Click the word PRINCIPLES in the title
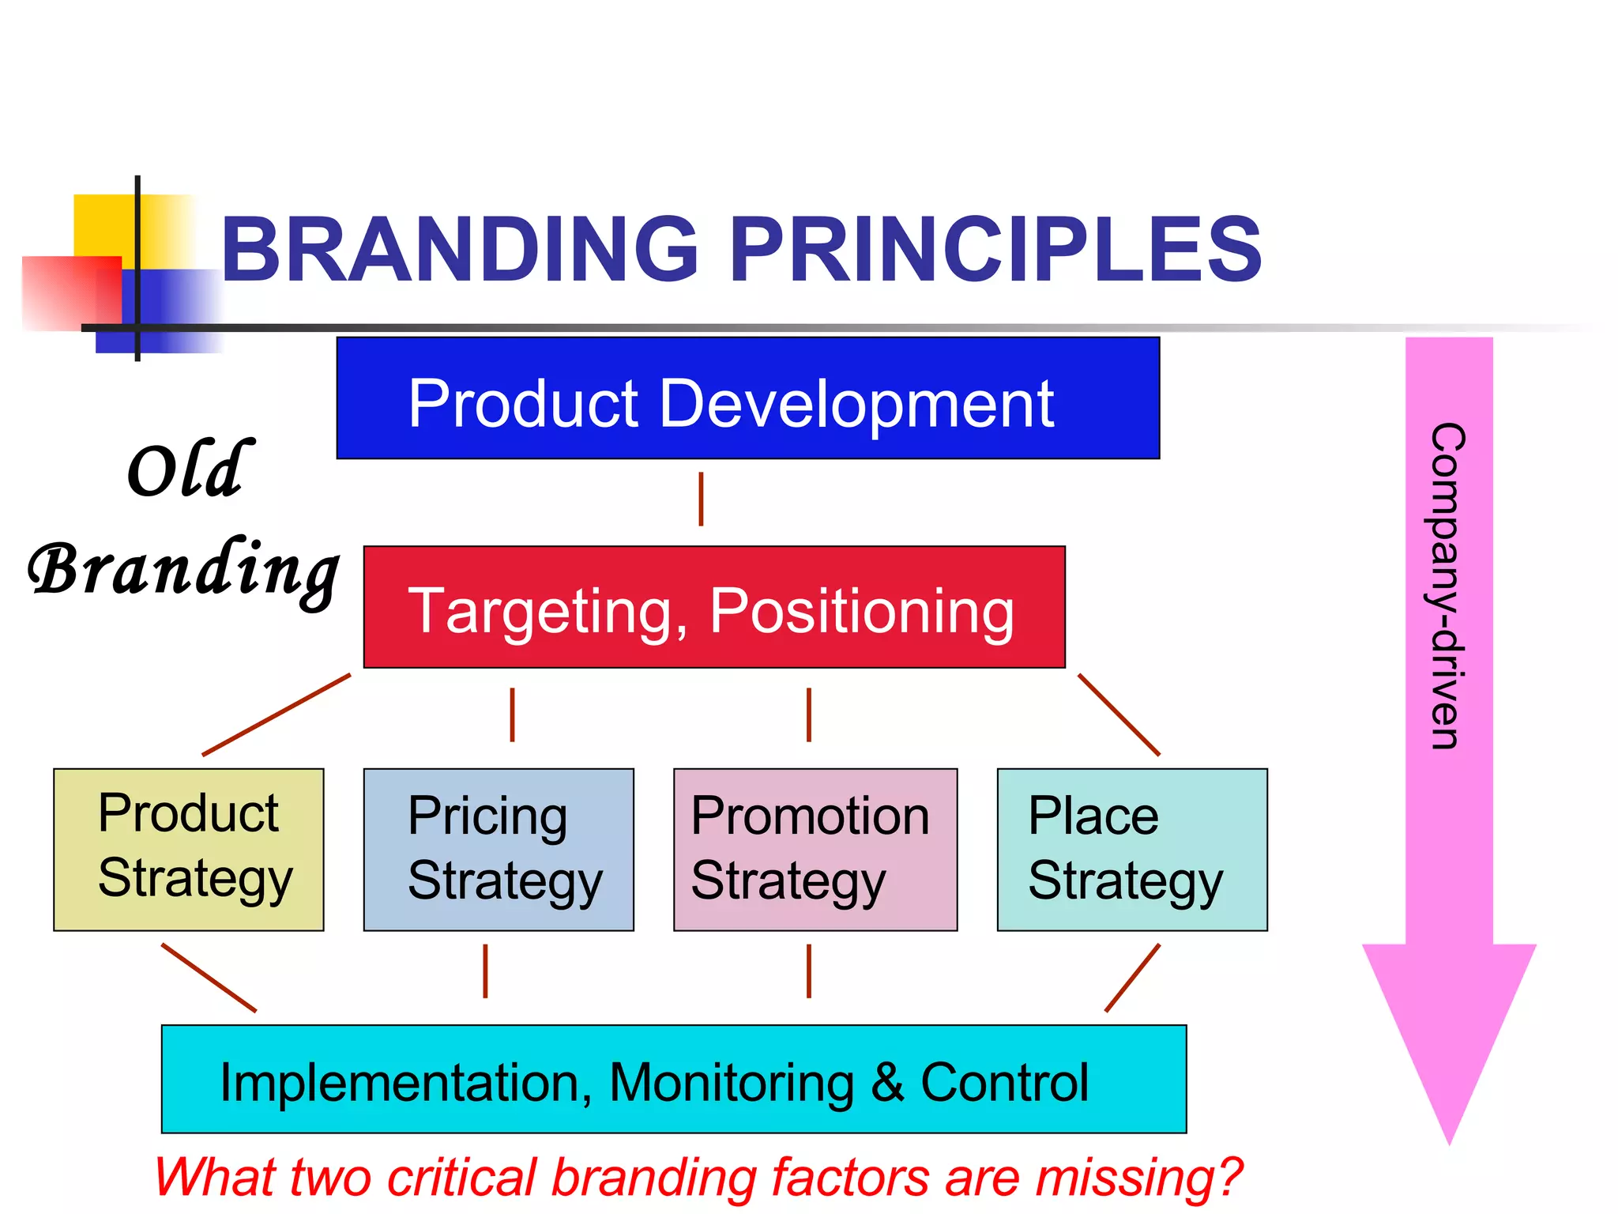(x=995, y=251)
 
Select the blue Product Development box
(x=747, y=398)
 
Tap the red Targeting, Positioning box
(x=713, y=607)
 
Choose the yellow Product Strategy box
(x=188, y=849)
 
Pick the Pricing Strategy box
(x=498, y=849)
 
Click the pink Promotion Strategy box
(x=815, y=849)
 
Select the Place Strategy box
(x=1131, y=849)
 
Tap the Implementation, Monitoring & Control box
(x=673, y=1079)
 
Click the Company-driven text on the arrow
(x=1448, y=585)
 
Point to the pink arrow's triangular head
(x=1448, y=1027)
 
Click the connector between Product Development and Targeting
(x=701, y=500)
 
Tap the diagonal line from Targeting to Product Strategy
(x=277, y=714)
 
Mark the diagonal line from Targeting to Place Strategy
(x=1119, y=714)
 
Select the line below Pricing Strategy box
(x=485, y=971)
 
